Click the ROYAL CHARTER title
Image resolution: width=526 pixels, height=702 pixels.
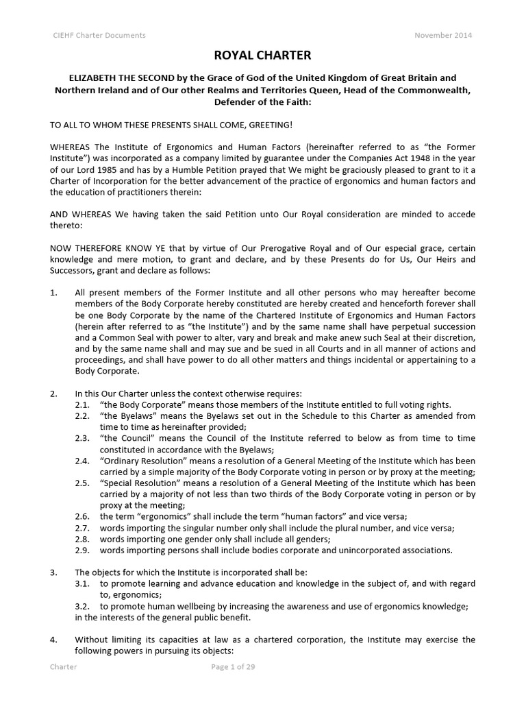pos(263,56)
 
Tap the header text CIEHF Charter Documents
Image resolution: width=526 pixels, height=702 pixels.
pos(99,36)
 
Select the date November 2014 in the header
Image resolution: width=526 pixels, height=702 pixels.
pos(443,36)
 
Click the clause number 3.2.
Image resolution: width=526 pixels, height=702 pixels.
pos(82,606)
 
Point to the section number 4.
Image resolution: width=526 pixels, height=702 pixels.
pos(53,640)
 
